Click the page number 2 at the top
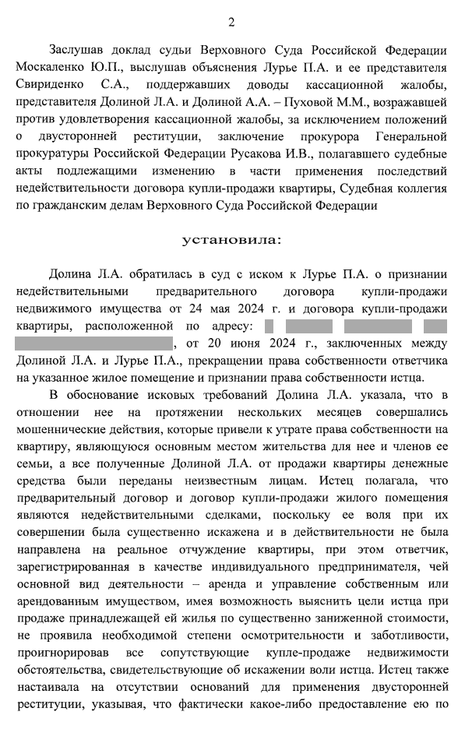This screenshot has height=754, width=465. tap(231, 22)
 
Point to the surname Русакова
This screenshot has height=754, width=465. tap(302, 153)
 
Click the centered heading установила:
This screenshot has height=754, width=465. tap(231, 239)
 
